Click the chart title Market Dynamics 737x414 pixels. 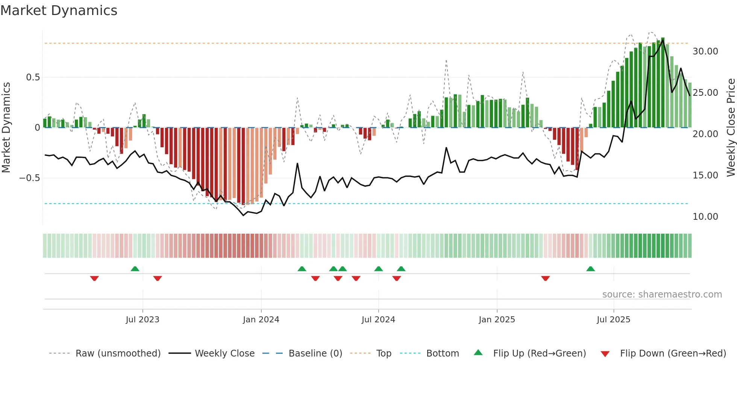tap(59, 11)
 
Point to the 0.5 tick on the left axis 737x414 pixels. tap(33, 77)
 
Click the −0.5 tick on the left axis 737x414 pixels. tap(30, 178)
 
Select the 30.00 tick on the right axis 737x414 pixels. tap(705, 51)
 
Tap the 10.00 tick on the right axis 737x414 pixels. tap(705, 217)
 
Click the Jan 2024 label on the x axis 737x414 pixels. tap(261, 320)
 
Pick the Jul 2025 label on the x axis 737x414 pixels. tap(613, 320)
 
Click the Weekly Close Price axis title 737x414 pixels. tap(731, 128)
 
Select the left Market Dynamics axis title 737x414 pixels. tap(6, 128)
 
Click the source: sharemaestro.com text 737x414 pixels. tap(662, 295)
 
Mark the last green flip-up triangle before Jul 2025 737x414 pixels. tap(590, 269)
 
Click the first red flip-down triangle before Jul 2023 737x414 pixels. tap(94, 278)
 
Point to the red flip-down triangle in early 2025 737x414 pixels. tap(545, 278)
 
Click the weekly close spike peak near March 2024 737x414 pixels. tap(297, 163)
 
